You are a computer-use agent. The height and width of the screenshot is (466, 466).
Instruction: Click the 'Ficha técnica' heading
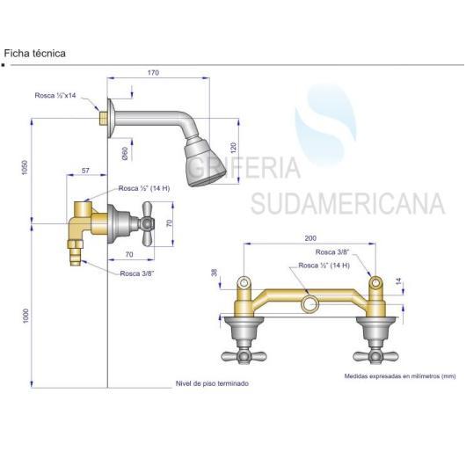pyautogui.click(x=35, y=54)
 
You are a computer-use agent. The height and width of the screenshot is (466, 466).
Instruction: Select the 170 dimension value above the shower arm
pyautogui.click(x=153, y=72)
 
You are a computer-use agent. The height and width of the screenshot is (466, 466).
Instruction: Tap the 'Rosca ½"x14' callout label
pyautogui.click(x=55, y=96)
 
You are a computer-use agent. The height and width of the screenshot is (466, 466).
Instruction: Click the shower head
pyautogui.click(x=205, y=163)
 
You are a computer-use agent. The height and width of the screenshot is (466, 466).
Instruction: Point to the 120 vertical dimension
pyautogui.click(x=233, y=148)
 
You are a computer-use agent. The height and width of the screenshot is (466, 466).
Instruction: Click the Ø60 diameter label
pyautogui.click(x=125, y=153)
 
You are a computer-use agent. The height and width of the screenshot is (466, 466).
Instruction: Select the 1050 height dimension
pyautogui.click(x=25, y=167)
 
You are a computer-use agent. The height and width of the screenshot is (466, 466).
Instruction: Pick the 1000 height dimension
pyautogui.click(x=25, y=316)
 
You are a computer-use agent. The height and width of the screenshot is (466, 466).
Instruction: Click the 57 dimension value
pyautogui.click(x=85, y=171)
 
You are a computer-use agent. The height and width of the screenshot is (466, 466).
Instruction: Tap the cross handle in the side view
pyautogui.click(x=148, y=224)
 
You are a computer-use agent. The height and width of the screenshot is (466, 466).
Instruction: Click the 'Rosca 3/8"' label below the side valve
pyautogui.click(x=137, y=273)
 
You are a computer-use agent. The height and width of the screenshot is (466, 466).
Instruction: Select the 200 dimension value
pyautogui.click(x=310, y=238)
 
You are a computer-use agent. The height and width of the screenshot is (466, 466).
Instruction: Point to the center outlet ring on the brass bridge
pyautogui.click(x=310, y=304)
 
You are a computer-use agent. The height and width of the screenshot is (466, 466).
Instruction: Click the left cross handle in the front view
pyautogui.click(x=244, y=356)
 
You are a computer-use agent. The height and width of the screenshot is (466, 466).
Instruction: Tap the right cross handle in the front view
pyautogui.click(x=375, y=356)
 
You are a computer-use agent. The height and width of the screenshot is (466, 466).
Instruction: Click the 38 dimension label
pyautogui.click(x=215, y=273)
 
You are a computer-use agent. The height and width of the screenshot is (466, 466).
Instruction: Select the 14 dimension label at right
pyautogui.click(x=398, y=280)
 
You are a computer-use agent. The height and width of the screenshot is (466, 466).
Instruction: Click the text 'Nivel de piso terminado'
pyautogui.click(x=212, y=383)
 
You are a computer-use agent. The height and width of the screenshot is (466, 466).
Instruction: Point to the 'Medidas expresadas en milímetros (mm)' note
pyautogui.click(x=400, y=376)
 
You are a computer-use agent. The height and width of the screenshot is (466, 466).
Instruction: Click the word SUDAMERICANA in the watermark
pyautogui.click(x=347, y=203)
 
